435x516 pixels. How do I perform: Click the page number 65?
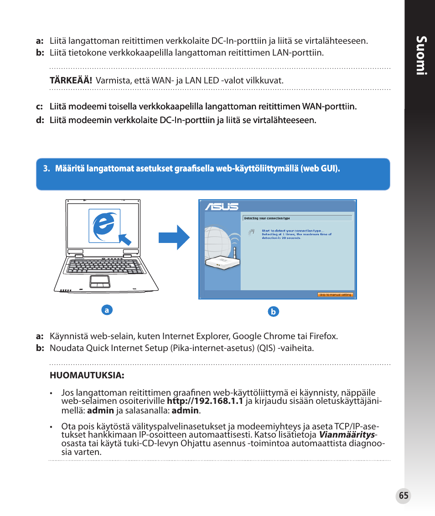[x=403, y=496]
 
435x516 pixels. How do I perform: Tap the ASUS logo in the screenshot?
[x=222, y=207]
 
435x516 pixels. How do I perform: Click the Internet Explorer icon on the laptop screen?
[x=104, y=226]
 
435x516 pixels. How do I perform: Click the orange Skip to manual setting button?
[x=335, y=294]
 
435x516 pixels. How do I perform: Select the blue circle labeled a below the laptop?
[x=107, y=310]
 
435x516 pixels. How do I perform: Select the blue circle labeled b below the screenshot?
[x=273, y=312]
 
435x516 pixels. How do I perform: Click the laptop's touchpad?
[x=99, y=281]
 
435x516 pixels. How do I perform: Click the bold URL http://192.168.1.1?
[x=205, y=401]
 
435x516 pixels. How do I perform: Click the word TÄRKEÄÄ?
[x=71, y=81]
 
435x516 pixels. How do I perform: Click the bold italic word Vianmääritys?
[x=346, y=435]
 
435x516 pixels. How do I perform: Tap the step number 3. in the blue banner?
[x=46, y=169]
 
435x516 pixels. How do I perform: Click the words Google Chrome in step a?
[x=258, y=336]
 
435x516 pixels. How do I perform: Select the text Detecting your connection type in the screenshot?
[x=267, y=218]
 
